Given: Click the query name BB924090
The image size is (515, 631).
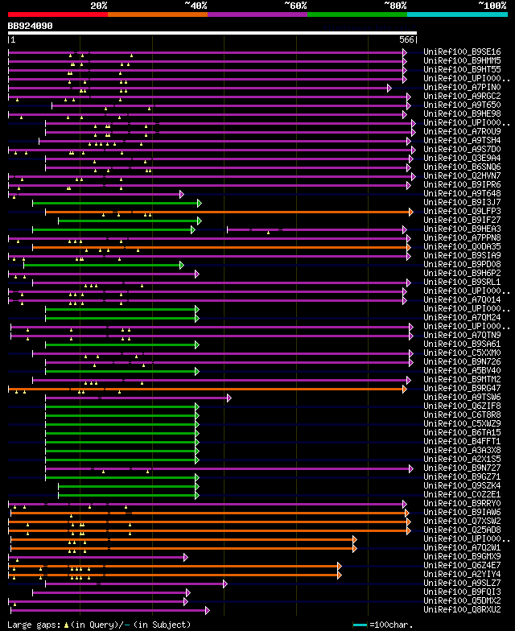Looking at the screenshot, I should (31, 26).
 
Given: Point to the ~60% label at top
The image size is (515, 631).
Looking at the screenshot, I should (295, 6).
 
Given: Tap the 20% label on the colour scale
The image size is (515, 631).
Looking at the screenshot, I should (98, 6).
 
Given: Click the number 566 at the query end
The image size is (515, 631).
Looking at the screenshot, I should (406, 39).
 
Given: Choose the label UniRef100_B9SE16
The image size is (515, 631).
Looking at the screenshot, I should (462, 52).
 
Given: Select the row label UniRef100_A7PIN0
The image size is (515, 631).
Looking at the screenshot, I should (462, 87).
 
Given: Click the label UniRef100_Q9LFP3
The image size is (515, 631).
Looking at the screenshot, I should (462, 211).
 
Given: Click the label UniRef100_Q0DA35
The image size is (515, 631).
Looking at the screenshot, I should (462, 246).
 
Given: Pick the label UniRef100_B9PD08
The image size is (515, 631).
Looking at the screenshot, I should (462, 264).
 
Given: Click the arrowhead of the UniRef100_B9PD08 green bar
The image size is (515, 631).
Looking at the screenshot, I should (182, 265).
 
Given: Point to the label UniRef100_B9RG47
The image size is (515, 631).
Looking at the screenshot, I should (462, 388).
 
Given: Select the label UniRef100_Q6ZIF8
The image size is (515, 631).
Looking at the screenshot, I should (462, 406).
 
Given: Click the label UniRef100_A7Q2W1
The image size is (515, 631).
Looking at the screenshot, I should (462, 547).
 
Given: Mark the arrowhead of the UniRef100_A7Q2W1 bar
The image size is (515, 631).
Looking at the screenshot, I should (354, 548).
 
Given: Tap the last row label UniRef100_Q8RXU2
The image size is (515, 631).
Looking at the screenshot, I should (462, 609).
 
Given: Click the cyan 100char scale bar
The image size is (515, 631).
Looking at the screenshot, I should (360, 625).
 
